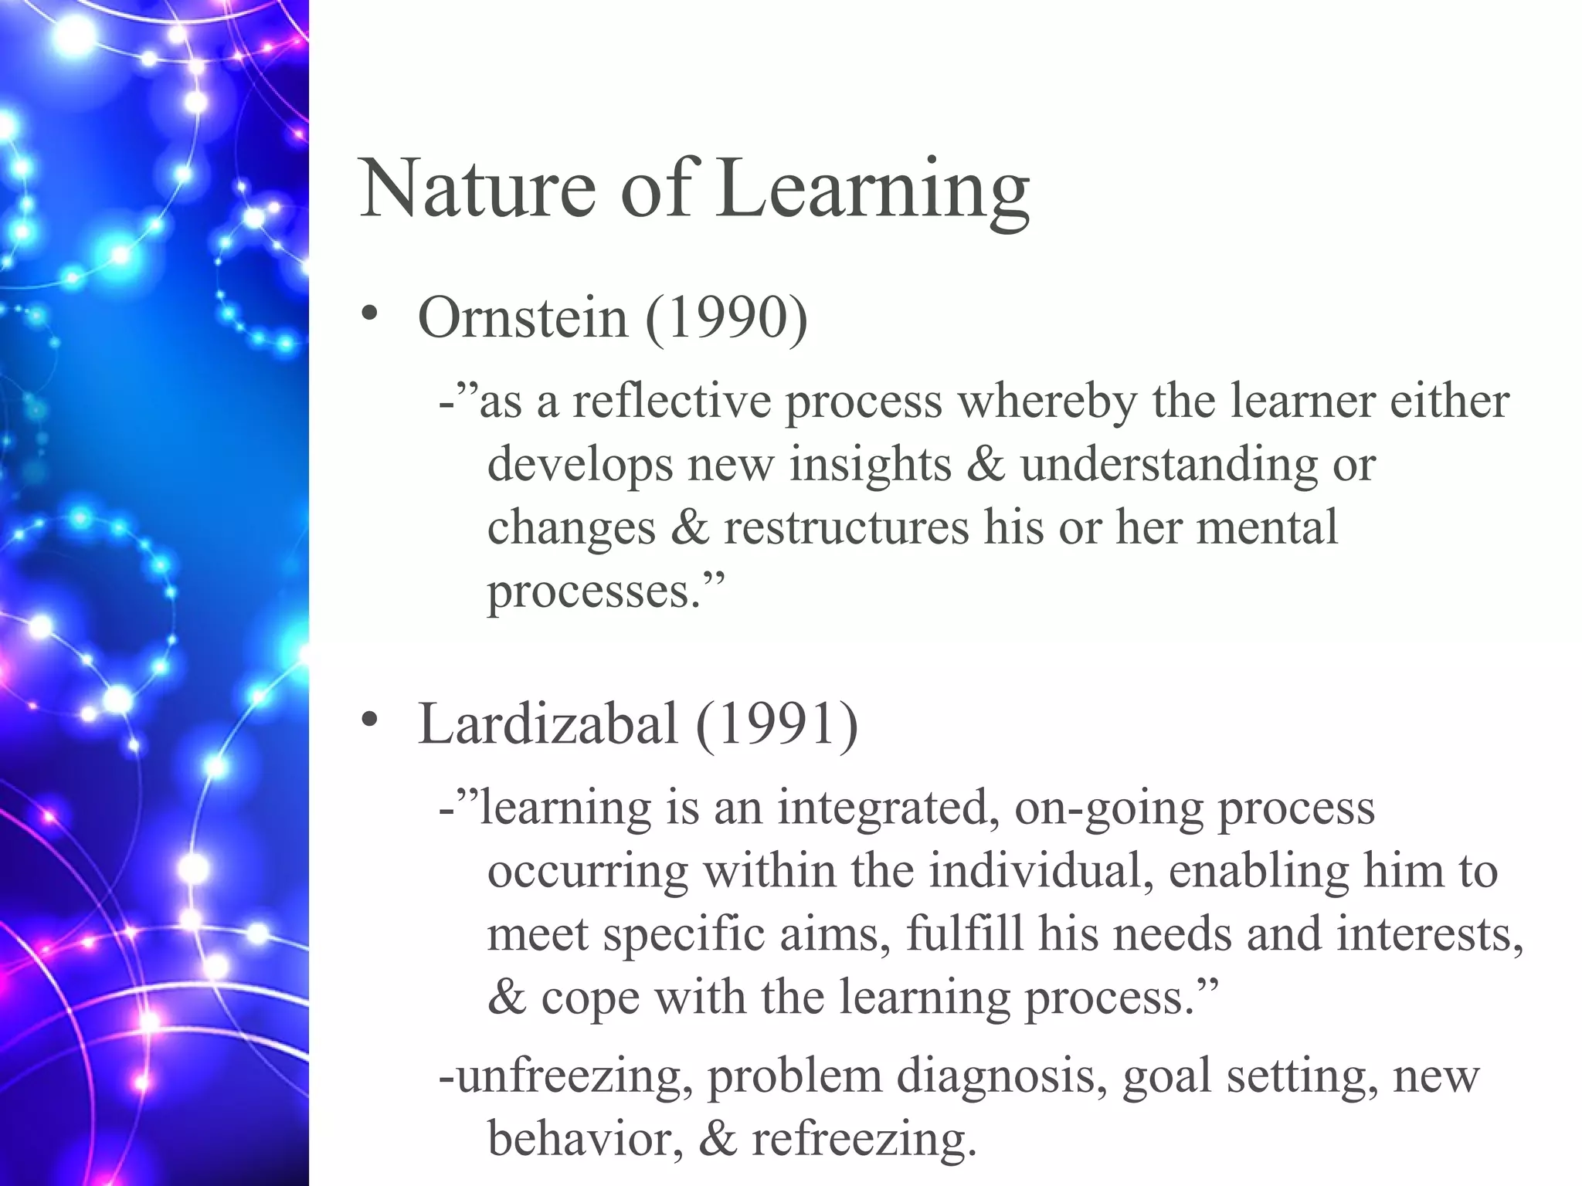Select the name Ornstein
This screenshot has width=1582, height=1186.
[522, 317]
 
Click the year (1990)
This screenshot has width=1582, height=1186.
[726, 317]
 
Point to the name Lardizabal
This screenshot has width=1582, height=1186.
[548, 724]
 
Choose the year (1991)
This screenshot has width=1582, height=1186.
[776, 724]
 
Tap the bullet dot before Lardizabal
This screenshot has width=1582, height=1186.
[369, 720]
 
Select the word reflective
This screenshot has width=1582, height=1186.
[671, 402]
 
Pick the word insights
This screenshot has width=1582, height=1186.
[871, 465]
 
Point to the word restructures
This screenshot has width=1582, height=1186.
[846, 528]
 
